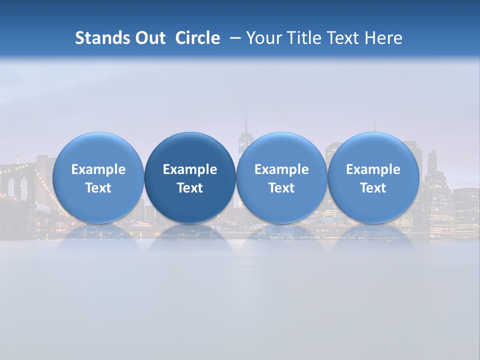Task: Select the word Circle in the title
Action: coord(197,38)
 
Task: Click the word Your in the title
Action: coord(263,38)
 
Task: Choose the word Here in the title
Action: coord(384,38)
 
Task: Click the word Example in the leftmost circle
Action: coord(98,169)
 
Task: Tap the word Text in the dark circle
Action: coord(190,188)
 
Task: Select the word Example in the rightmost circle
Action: coord(373,169)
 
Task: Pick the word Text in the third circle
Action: coord(281,188)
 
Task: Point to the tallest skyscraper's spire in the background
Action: coord(246,120)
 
